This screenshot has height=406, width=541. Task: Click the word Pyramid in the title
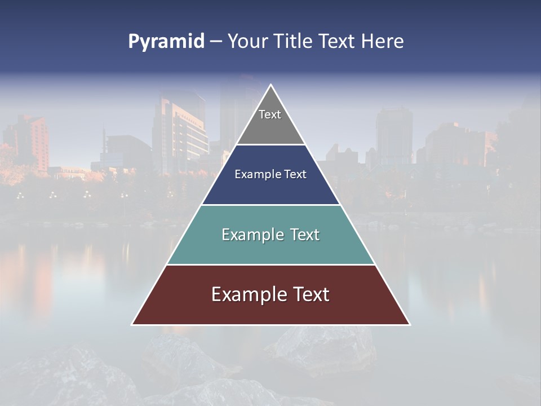point(166,42)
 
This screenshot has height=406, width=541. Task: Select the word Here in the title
point(382,42)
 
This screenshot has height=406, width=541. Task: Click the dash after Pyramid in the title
point(216,42)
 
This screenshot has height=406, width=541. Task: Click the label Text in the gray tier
point(270,114)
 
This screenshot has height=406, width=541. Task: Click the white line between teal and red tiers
point(270,264)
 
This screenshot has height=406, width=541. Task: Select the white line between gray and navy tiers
point(270,145)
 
